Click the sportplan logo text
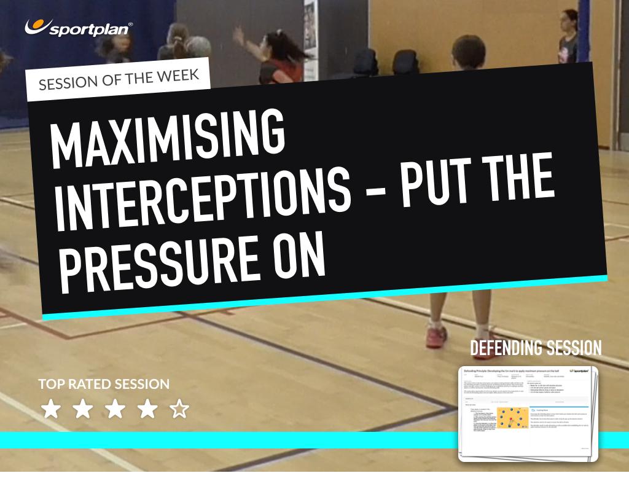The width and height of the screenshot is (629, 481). [91, 28]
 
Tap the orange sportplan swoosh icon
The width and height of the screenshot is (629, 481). [36, 26]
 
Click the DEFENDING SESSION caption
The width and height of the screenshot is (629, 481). [536, 348]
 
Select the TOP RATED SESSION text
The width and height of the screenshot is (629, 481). [104, 385]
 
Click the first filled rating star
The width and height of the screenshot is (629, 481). [50, 410]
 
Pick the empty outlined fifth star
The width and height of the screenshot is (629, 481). [179, 410]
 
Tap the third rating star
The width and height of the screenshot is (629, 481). [114, 410]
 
